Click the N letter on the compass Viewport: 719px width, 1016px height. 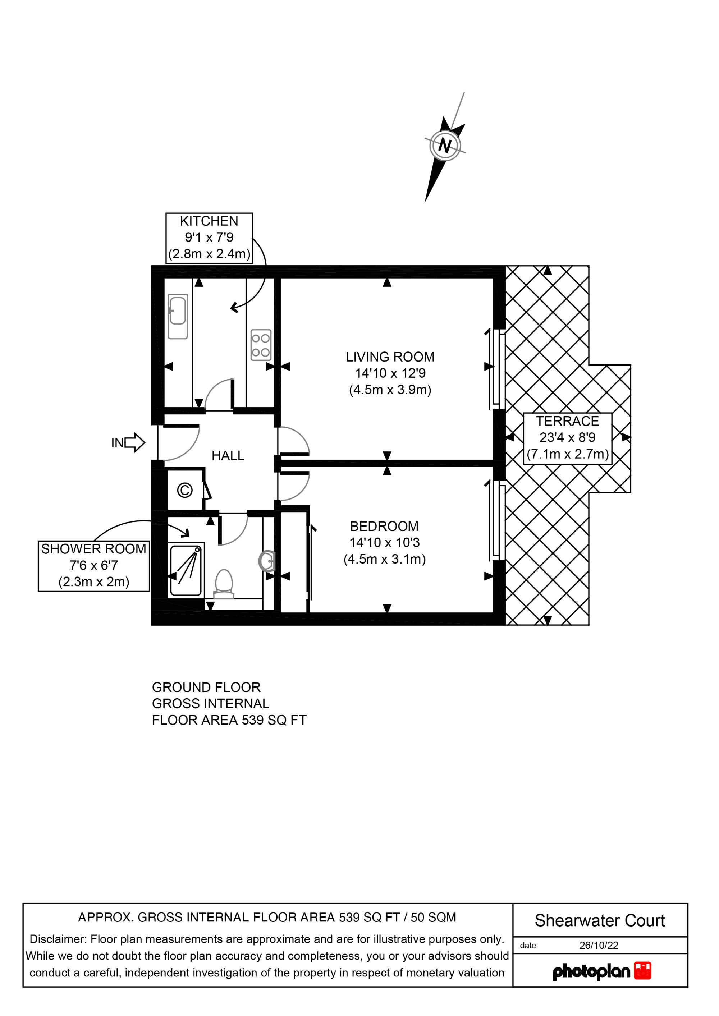point(445,145)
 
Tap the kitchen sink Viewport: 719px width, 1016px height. point(178,317)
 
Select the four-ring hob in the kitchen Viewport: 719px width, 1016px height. point(261,345)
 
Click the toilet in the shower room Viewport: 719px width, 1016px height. point(224,585)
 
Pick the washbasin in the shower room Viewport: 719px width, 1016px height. point(267,561)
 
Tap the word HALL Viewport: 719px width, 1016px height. point(228,456)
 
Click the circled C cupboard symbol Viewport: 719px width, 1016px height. point(185,490)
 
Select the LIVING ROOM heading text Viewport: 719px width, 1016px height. point(390,357)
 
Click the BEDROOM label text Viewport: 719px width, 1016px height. point(384,526)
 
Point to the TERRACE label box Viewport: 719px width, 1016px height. point(568,438)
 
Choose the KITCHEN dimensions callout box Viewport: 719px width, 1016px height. point(209,238)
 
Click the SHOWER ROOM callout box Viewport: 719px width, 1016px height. point(94,566)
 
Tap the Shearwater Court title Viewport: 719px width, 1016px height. point(600,920)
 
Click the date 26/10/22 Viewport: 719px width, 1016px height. point(599,945)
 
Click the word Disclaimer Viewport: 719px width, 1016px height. point(57,939)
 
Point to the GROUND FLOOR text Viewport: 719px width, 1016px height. point(206,687)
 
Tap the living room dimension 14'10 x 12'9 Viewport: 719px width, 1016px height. point(390,373)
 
